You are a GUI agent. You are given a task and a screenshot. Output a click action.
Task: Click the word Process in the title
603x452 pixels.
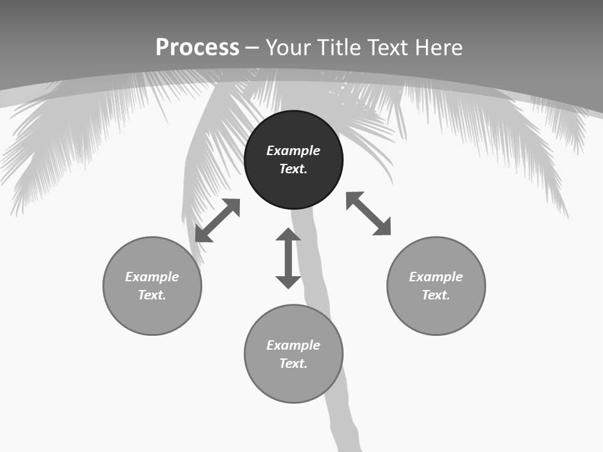[197, 48]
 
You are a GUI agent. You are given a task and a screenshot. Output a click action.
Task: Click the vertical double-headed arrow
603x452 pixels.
[288, 258]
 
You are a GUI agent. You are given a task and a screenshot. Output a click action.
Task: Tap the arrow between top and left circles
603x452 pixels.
[217, 220]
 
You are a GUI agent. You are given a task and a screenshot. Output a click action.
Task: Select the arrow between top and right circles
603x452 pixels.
[369, 213]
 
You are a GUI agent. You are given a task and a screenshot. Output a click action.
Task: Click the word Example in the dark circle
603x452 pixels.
[293, 151]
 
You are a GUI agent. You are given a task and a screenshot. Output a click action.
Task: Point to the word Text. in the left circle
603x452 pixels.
[152, 295]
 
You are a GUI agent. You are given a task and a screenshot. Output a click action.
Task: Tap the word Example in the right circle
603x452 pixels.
[436, 277]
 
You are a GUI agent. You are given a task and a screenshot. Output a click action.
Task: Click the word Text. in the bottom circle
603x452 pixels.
[293, 363]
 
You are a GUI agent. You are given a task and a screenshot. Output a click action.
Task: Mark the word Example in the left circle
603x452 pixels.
[152, 277]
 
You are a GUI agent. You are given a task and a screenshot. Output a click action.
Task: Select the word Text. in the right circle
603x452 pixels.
[436, 295]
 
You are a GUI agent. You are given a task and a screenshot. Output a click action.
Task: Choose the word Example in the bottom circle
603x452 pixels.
[293, 345]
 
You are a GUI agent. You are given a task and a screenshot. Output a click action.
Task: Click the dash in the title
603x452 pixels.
[252, 48]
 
